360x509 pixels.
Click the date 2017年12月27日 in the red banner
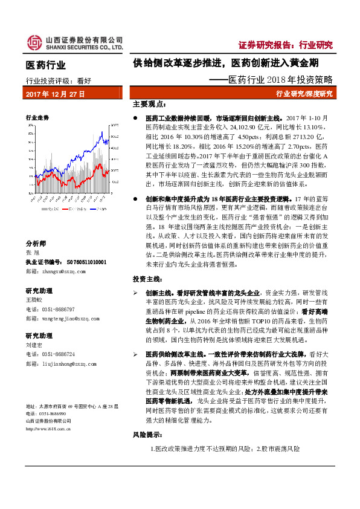55,94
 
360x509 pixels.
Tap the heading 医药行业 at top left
46,65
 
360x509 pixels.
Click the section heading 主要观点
148,104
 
